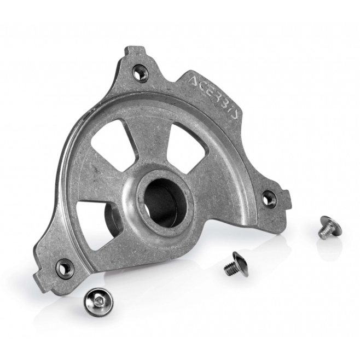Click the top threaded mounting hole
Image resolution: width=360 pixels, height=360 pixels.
click(x=140, y=73)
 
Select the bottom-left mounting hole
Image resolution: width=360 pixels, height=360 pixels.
click(x=65, y=268)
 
